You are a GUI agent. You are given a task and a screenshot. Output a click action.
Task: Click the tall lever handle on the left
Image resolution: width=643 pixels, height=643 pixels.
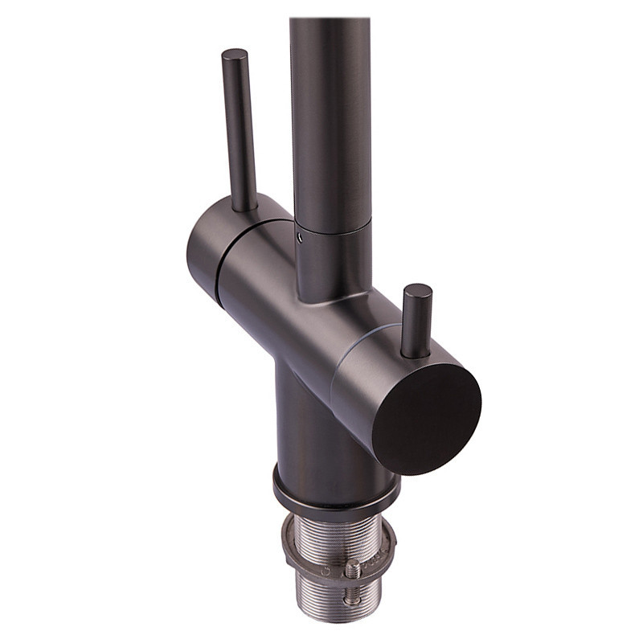point(239,129)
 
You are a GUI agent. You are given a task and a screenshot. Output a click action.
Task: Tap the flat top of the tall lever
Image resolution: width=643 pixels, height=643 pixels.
point(234,55)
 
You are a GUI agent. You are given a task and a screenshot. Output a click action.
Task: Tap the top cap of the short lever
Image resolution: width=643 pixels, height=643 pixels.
point(418,290)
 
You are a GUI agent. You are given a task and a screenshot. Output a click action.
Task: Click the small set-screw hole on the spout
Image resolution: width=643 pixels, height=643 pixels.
point(299,238)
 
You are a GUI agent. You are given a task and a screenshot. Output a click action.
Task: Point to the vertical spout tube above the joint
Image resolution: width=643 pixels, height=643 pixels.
point(330,121)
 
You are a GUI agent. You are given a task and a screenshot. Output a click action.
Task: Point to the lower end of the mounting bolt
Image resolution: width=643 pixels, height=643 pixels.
point(350,600)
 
